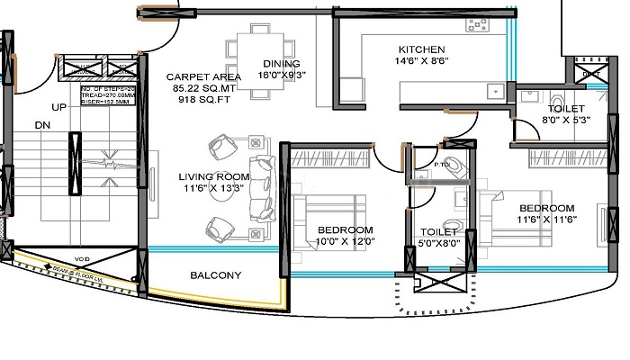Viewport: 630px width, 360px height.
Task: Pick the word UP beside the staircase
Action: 60,107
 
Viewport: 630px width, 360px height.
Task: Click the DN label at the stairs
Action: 41,126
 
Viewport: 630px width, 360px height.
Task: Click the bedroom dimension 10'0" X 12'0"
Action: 346,241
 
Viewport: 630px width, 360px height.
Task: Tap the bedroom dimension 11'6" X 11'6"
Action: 546,219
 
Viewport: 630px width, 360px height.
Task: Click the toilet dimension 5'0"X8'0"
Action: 440,241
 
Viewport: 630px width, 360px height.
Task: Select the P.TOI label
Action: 441,166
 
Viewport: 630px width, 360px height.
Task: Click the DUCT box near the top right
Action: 589,73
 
